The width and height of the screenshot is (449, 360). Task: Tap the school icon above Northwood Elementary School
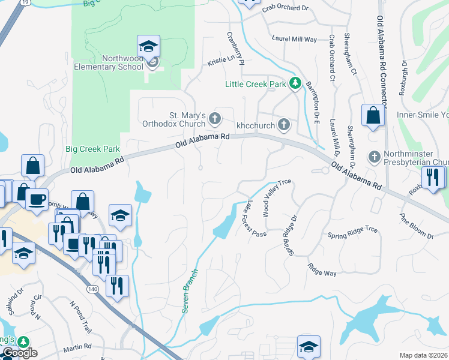(x=148, y=46)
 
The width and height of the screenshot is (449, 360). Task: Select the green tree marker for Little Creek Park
(x=295, y=83)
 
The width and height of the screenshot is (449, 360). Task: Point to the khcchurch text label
(x=255, y=125)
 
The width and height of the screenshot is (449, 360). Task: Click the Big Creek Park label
(x=92, y=149)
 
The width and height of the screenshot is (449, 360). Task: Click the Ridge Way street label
(x=322, y=269)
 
